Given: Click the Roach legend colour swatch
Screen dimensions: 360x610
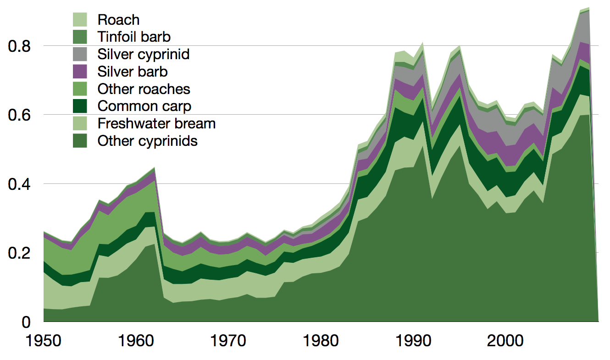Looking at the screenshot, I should (80, 20).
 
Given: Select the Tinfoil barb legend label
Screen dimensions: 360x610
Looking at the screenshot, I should (134, 37).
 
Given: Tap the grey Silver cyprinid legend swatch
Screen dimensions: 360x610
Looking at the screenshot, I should (80, 54).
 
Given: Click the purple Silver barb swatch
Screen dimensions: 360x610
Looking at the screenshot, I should (80, 72).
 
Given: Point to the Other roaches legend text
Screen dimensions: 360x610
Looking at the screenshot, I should (144, 89).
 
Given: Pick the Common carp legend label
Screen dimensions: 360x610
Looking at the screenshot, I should (144, 106).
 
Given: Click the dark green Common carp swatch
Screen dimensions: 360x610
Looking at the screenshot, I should (80, 106).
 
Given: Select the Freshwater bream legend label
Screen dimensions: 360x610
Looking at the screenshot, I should (156, 123).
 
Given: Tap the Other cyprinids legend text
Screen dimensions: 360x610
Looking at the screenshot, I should (147, 141).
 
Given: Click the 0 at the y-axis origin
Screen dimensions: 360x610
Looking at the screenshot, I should (26, 322).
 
